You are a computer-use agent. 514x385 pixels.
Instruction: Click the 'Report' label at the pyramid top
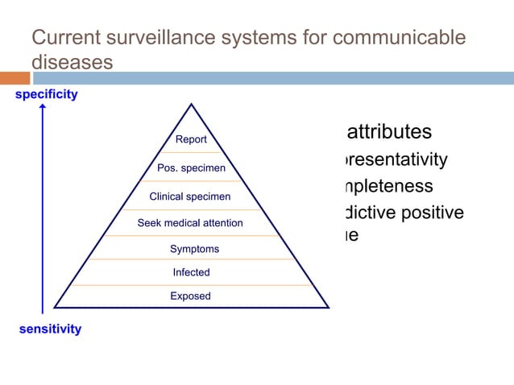point(191,139)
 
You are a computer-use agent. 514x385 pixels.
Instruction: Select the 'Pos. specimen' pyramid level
point(191,168)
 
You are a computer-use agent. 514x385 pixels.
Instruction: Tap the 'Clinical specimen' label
point(190,197)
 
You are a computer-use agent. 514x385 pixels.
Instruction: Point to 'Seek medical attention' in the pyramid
point(190,223)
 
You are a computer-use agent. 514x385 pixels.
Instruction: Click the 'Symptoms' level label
point(194,250)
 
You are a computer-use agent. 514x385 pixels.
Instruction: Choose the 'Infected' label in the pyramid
point(191,273)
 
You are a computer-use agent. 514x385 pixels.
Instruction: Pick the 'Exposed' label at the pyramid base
point(190,296)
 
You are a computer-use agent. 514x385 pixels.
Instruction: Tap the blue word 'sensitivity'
point(50,329)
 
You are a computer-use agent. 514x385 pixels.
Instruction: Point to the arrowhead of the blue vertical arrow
point(43,108)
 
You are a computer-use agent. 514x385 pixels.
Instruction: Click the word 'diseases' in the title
point(71,62)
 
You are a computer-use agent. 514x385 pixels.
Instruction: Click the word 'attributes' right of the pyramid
point(388,132)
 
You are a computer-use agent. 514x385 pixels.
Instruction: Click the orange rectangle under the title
point(15,78)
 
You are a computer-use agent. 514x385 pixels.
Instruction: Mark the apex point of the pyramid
point(192,104)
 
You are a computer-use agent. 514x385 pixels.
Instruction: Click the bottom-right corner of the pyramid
point(329,307)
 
